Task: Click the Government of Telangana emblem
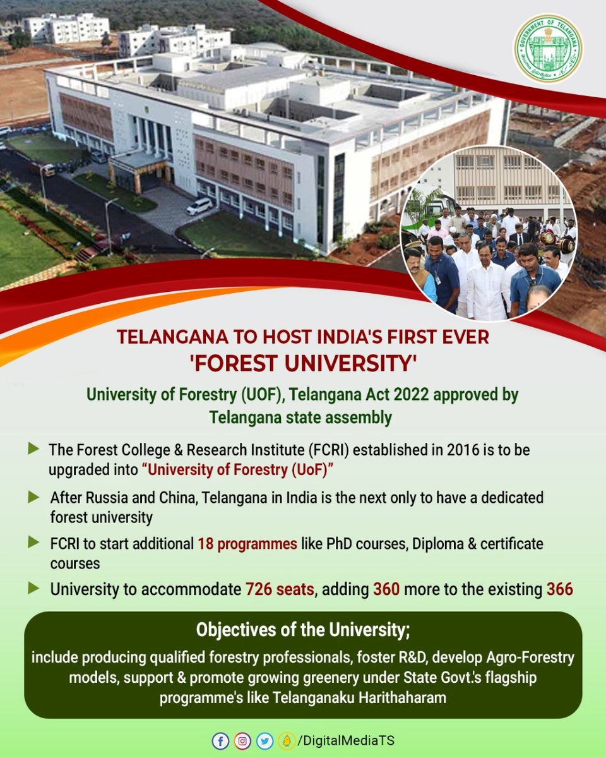click(x=548, y=49)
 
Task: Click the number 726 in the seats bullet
click(x=258, y=589)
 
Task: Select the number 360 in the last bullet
click(x=386, y=589)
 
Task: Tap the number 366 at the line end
click(x=559, y=589)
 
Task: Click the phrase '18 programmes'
click(x=247, y=544)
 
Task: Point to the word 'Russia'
click(x=107, y=498)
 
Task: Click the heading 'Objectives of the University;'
click(x=303, y=629)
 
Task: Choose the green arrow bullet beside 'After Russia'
click(x=33, y=497)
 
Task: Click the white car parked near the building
click(x=199, y=206)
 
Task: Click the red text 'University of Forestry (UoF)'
click(x=238, y=470)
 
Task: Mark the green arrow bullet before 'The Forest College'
click(x=33, y=448)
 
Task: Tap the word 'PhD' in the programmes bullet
click(x=339, y=544)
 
